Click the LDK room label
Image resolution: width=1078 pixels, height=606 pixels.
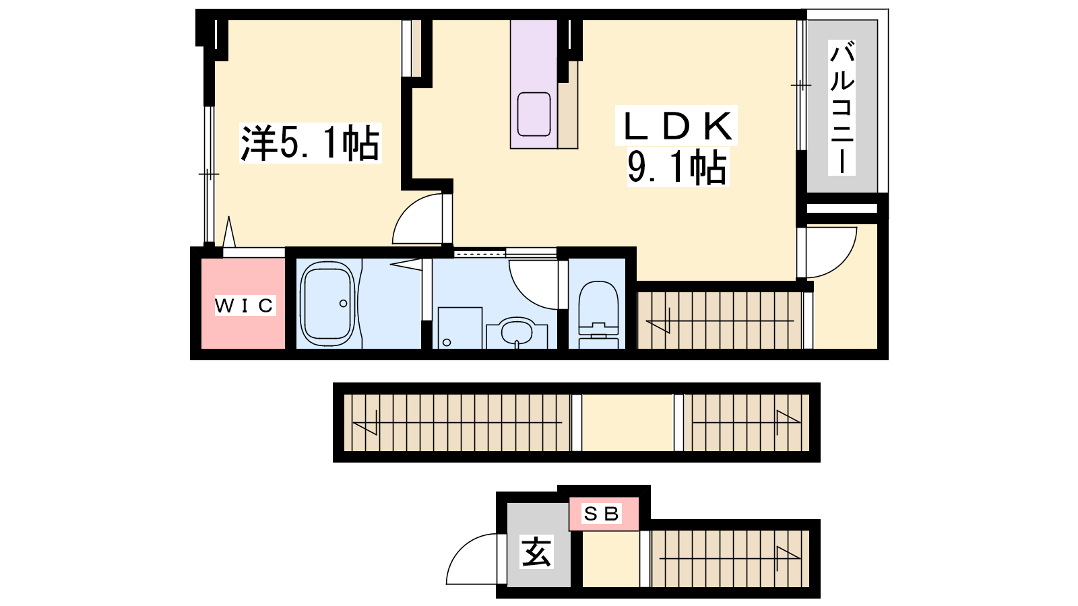[676, 126]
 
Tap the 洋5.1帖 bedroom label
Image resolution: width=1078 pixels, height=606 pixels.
[311, 143]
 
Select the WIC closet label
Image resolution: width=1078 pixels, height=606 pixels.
[245, 306]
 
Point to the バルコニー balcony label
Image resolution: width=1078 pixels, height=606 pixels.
[842, 108]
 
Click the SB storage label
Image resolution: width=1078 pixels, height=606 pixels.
[602, 514]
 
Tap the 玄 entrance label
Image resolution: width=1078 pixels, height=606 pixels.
[536, 551]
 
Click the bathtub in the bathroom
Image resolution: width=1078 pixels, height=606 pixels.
[327, 304]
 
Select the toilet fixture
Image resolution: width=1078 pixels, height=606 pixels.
[598, 314]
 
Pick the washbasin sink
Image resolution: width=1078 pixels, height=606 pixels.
[517, 333]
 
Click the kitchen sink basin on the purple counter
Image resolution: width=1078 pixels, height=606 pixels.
[534, 114]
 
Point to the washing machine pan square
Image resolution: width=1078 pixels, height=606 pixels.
[459, 327]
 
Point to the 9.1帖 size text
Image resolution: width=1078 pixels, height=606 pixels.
[676, 168]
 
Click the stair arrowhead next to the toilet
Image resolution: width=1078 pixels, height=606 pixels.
[658, 327]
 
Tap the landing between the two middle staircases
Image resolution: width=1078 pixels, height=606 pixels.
[627, 423]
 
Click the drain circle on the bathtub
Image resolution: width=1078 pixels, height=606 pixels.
[343, 304]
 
